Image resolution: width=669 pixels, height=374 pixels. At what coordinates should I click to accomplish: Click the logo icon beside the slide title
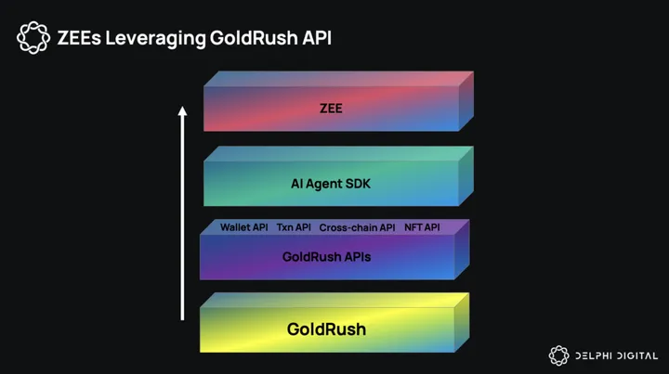tap(33, 38)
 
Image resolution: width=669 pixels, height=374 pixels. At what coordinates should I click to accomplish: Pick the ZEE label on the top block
tap(331, 109)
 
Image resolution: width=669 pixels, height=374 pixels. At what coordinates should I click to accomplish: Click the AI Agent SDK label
tap(331, 184)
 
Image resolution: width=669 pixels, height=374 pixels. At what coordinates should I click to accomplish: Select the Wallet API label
tap(243, 227)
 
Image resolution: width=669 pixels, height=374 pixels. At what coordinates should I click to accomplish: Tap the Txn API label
tap(294, 227)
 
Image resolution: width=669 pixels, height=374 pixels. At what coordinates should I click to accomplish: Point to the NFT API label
tap(422, 227)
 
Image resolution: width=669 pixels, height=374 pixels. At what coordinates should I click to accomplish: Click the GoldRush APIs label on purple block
tap(326, 257)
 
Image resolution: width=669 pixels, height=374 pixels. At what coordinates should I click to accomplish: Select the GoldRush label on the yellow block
tap(326, 329)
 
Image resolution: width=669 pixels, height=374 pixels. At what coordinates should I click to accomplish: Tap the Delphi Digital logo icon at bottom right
tap(558, 355)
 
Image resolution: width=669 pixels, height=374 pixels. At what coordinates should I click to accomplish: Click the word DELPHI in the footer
tap(591, 355)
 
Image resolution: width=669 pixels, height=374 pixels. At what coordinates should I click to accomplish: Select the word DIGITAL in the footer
tap(636, 355)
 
